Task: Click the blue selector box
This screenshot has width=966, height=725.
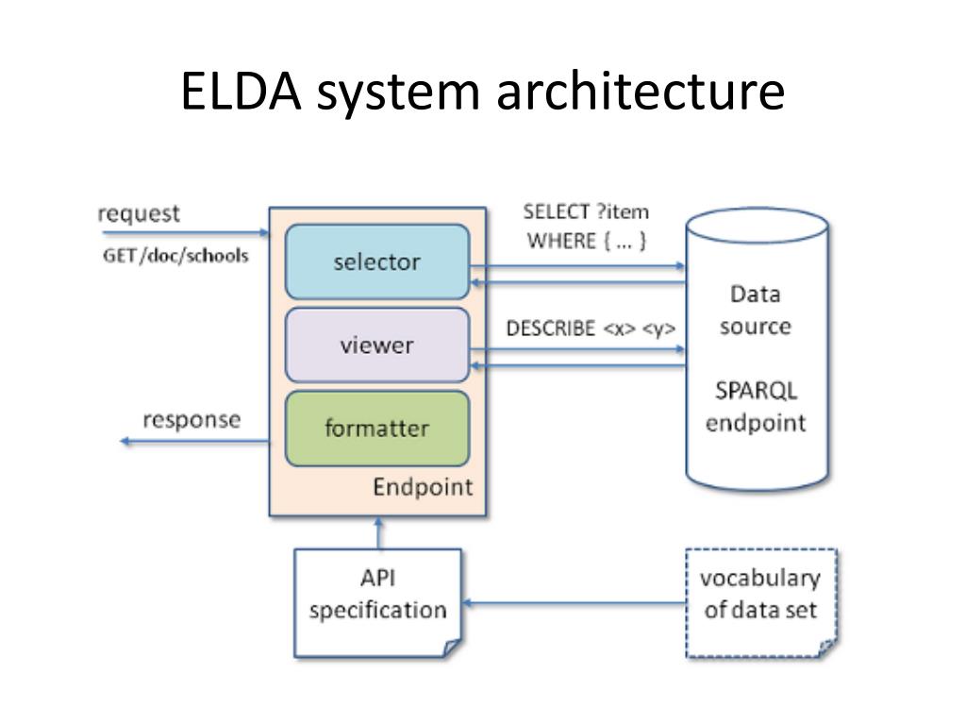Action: [377, 261]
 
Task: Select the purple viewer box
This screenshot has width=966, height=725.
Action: [377, 346]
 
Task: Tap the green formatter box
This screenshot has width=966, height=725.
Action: [377, 429]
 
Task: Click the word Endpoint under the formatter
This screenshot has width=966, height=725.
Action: [423, 488]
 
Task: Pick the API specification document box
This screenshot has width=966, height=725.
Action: [377, 603]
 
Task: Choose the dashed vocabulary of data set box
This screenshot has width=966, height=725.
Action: [761, 603]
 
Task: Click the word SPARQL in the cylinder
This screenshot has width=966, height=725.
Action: [756, 391]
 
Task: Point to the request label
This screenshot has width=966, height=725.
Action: [139, 214]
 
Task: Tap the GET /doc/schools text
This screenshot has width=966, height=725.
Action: [175, 255]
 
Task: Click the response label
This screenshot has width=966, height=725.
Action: [192, 420]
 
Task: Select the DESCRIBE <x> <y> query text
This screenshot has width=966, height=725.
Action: [591, 329]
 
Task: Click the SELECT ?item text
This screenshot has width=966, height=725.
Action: [586, 212]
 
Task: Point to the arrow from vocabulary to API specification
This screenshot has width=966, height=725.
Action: [575, 603]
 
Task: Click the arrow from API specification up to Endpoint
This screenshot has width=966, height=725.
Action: [378, 532]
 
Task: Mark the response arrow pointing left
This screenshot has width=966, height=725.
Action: [194, 441]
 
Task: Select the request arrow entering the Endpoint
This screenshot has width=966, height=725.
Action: [186, 232]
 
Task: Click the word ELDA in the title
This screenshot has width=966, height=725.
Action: [241, 92]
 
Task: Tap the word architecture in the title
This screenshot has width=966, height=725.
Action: [641, 92]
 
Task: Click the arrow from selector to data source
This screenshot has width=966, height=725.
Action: [578, 266]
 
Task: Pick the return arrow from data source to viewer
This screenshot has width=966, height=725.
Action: [578, 365]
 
